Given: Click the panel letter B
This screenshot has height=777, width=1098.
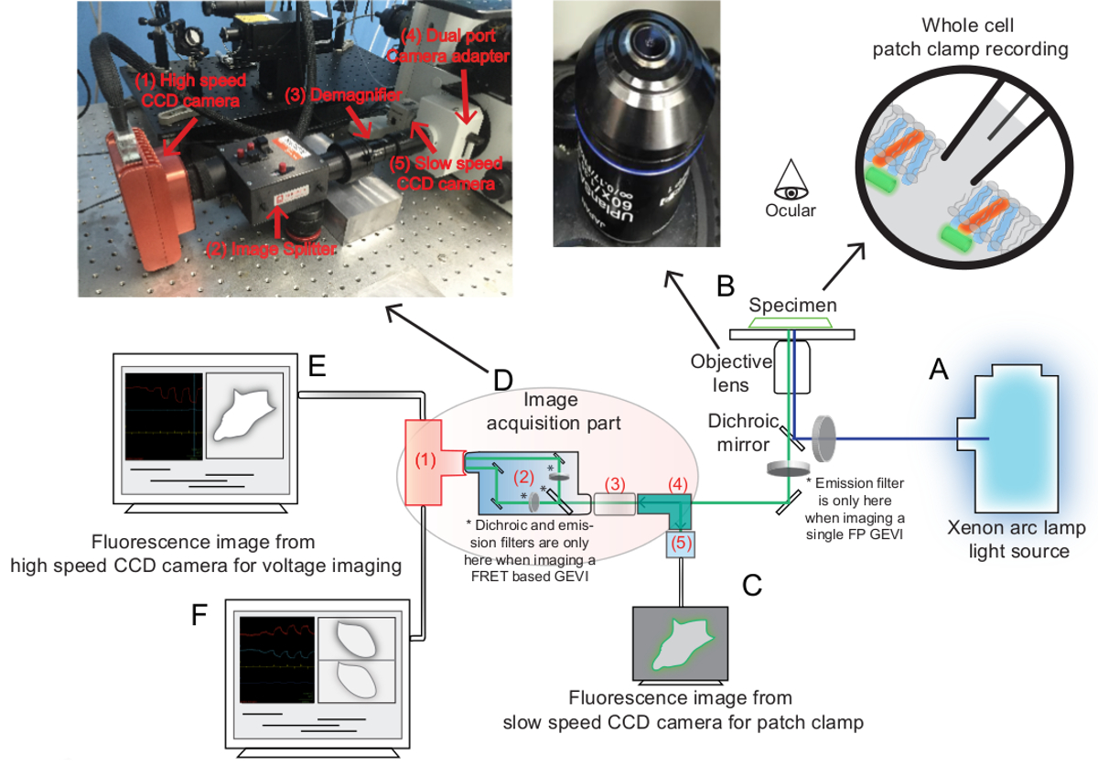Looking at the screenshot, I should (x=726, y=286).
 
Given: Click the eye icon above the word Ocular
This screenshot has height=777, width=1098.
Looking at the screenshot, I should (x=790, y=180).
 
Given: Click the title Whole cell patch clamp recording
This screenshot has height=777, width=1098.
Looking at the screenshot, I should (x=969, y=38).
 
